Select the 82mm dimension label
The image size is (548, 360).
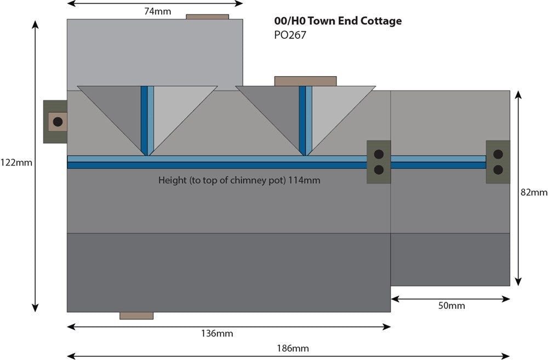click(x=534, y=192)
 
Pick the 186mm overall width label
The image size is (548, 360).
click(x=293, y=348)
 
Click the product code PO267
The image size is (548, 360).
click(x=290, y=35)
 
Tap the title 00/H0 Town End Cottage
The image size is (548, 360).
click(x=338, y=21)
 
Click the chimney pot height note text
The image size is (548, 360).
click(x=239, y=180)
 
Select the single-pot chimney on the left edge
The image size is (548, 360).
click(x=56, y=122)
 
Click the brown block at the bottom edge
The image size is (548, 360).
click(x=136, y=316)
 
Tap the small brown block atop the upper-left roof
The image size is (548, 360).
click(x=207, y=16)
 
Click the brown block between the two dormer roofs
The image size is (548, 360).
click(x=305, y=81)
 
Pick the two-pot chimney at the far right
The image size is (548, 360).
click(x=498, y=162)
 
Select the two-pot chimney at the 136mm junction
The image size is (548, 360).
click(x=379, y=162)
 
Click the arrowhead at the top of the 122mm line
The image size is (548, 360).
click(x=36, y=24)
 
